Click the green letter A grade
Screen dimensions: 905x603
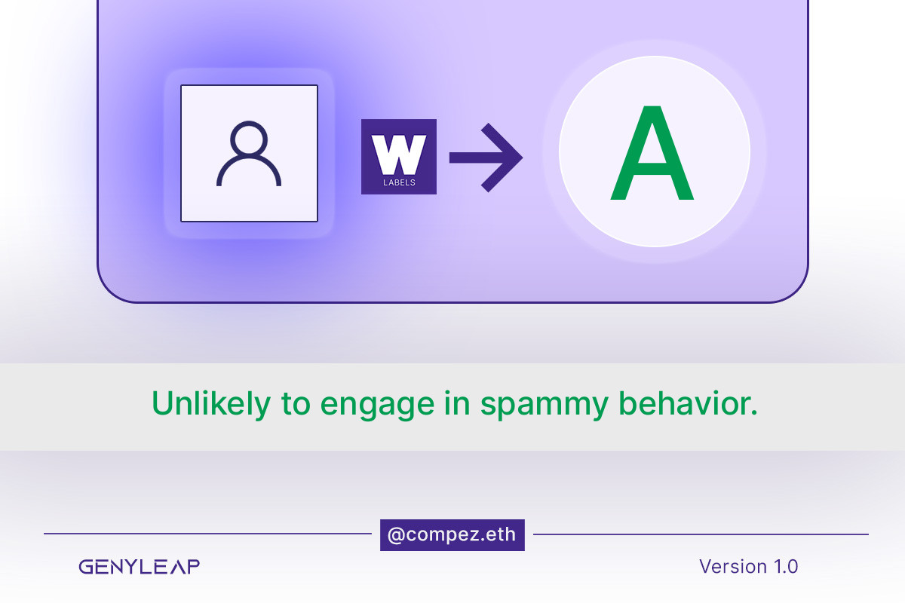[x=652, y=153]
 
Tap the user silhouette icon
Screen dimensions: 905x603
[x=249, y=154]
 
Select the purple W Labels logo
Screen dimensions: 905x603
[x=399, y=157]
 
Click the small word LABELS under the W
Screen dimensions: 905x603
[x=399, y=182]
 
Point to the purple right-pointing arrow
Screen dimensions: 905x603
[x=486, y=158]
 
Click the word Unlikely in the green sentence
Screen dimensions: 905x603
[x=211, y=404]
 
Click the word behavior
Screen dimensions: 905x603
[x=688, y=403]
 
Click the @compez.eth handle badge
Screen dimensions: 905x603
[x=452, y=535]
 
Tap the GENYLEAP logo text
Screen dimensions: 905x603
[x=140, y=567]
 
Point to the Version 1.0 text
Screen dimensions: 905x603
[x=749, y=566]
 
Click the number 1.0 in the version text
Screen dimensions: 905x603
[x=786, y=566]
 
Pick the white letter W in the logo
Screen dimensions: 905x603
[x=399, y=155]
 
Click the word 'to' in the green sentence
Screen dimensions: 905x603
[x=296, y=405]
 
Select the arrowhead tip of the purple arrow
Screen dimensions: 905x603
[x=523, y=158]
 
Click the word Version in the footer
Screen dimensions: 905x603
[x=733, y=566]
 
